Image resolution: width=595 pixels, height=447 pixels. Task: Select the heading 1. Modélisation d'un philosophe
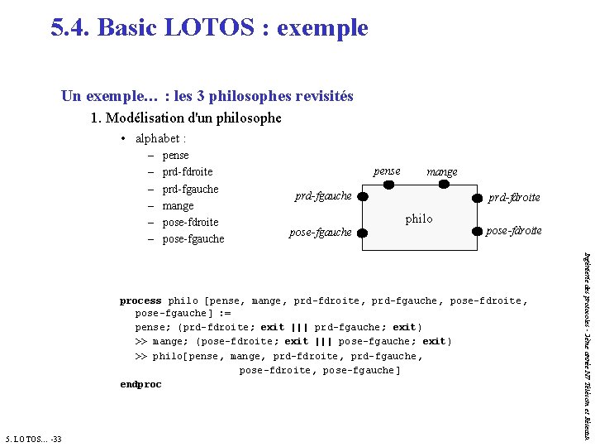[186, 118]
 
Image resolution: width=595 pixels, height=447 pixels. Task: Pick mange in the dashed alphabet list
[178, 205]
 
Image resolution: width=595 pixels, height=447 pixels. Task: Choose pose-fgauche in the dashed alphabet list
[193, 239]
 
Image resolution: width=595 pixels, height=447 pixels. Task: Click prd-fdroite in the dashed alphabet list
[188, 171]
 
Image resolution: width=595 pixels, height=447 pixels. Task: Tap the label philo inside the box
[419, 219]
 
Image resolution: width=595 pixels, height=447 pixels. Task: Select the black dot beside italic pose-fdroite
[477, 231]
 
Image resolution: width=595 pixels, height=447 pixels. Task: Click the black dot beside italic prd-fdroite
[477, 198]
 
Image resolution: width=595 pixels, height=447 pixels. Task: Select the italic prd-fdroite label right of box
[514, 198]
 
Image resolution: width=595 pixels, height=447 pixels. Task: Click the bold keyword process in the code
[140, 300]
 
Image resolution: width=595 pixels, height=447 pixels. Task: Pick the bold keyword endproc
[140, 384]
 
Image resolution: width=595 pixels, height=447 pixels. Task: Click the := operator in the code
[224, 315]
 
